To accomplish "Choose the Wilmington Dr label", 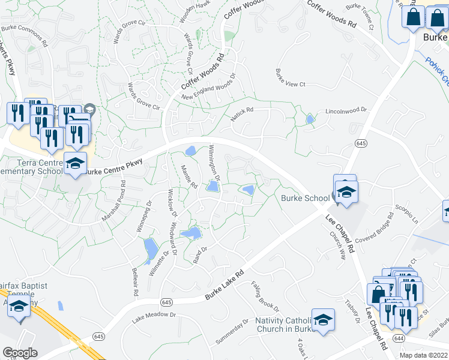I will [x=215, y=163].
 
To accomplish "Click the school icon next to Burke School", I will [x=346, y=193].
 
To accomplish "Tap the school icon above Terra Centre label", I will [x=76, y=163].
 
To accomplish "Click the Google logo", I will [x=20, y=353].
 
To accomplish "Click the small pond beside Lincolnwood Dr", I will [x=309, y=119].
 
